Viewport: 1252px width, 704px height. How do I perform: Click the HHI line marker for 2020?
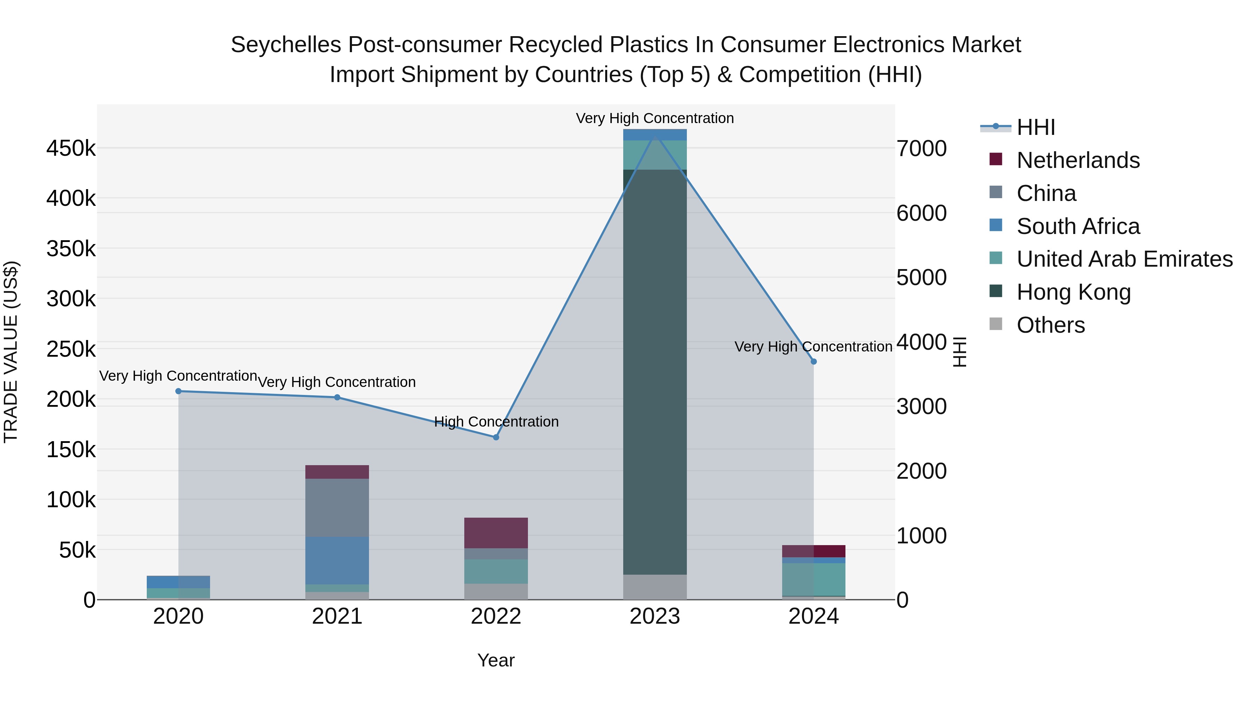point(178,391)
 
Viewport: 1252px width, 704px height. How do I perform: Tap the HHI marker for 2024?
point(813,362)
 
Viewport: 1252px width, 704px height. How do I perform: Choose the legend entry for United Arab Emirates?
point(1124,259)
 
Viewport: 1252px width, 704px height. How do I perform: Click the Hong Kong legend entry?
point(1073,292)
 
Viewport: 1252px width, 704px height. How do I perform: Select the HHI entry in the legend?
point(1035,127)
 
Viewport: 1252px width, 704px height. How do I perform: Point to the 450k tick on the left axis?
point(71,148)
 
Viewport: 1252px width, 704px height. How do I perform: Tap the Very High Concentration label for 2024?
point(813,347)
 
